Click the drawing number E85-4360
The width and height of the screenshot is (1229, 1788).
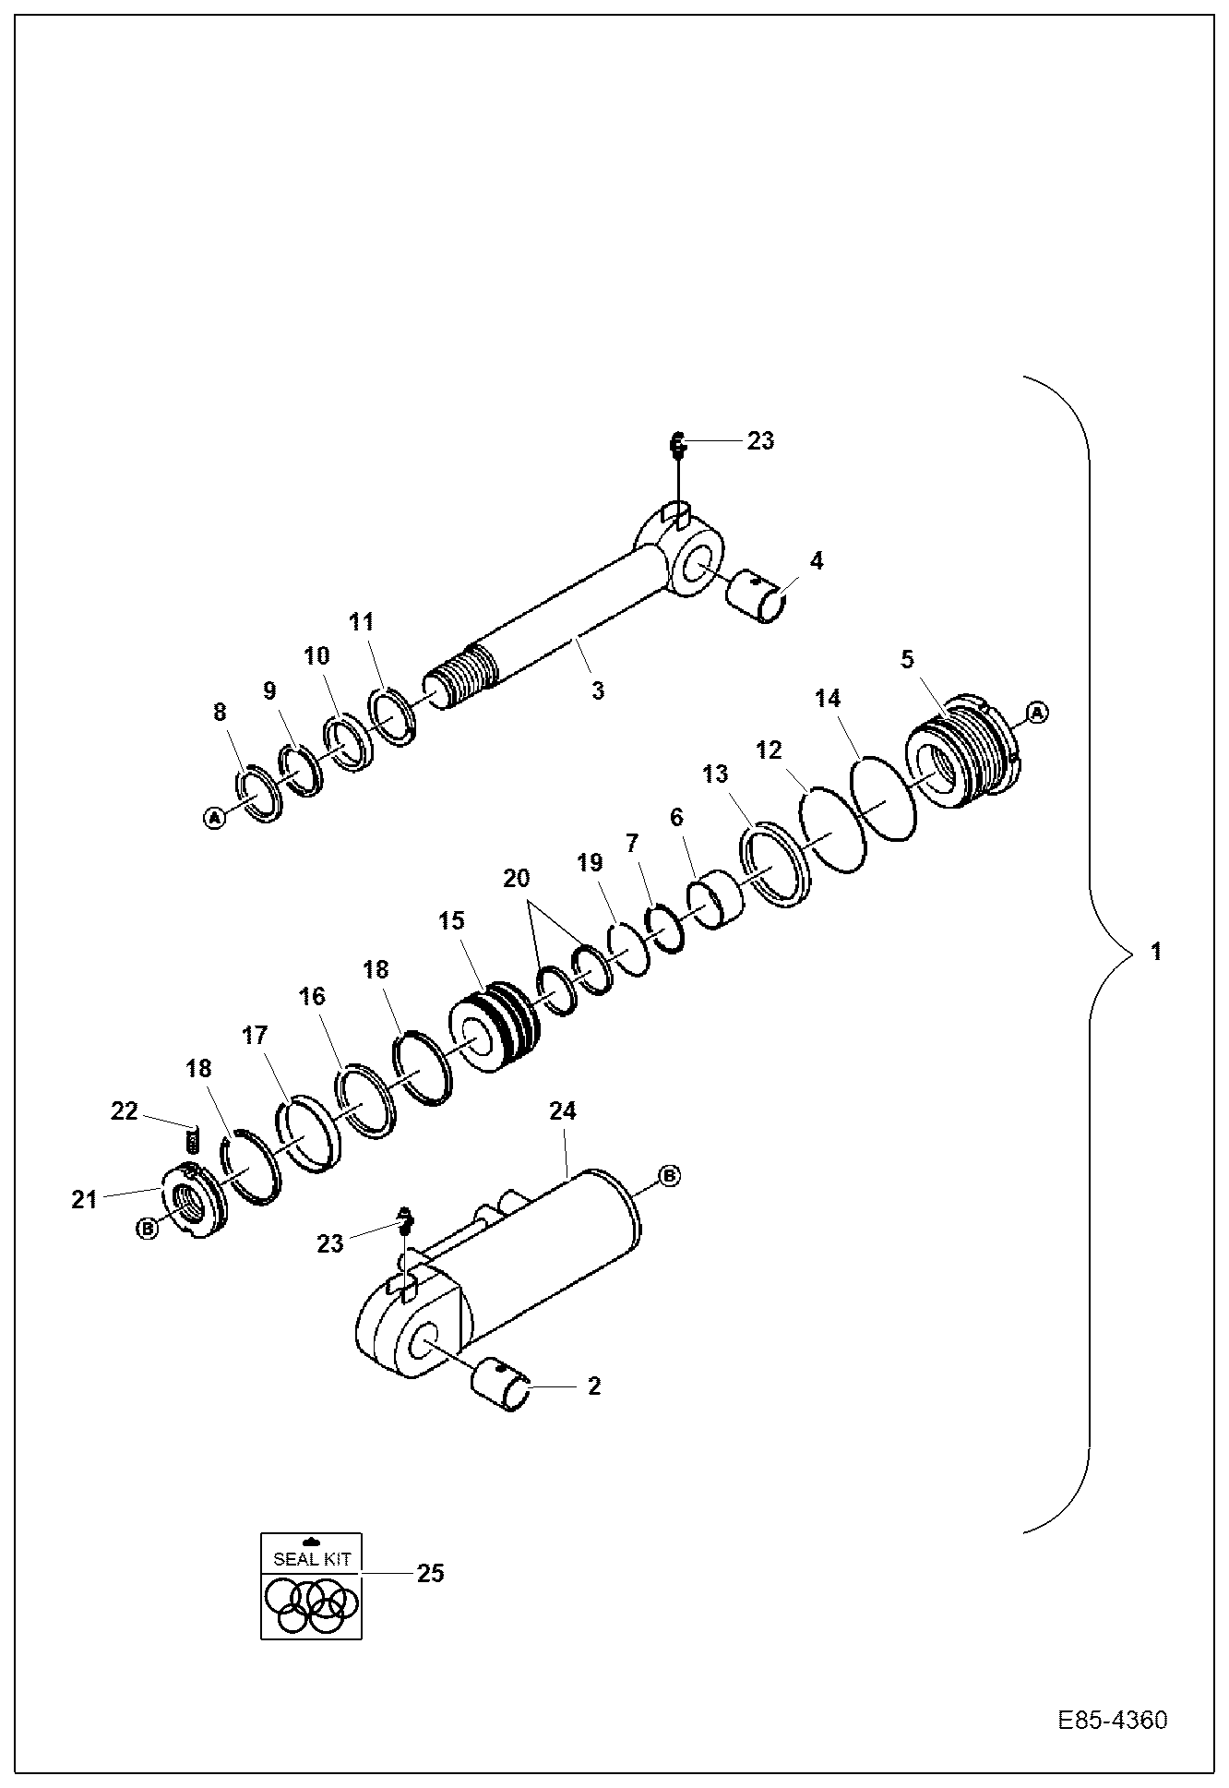pos(1112,1721)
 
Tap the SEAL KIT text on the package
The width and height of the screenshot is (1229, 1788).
pos(312,1559)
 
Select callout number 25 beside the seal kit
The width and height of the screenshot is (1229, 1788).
pos(430,1572)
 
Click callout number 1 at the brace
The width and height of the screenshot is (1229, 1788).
pos(1156,951)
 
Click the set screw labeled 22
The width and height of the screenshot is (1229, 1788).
pos(193,1141)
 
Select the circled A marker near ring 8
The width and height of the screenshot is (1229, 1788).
pos(214,817)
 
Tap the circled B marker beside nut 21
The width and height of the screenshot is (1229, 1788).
pos(147,1228)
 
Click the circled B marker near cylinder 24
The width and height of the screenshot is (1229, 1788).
pos(669,1176)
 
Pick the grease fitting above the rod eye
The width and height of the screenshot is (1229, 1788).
pos(676,447)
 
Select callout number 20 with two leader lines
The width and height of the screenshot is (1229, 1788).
pos(517,879)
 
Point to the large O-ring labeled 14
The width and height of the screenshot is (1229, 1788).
pos(883,797)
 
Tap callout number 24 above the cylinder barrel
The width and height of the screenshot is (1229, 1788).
pos(563,1110)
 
